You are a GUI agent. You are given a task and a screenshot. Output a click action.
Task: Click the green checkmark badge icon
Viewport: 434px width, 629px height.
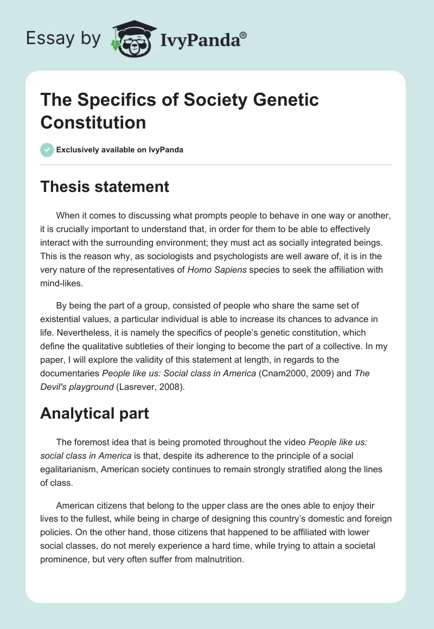47,150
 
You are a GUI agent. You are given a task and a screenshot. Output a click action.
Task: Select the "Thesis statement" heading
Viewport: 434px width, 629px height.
105,187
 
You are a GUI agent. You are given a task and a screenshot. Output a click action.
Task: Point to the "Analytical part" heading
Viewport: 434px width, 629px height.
95,414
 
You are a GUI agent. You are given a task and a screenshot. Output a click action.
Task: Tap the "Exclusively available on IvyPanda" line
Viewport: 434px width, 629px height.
119,150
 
